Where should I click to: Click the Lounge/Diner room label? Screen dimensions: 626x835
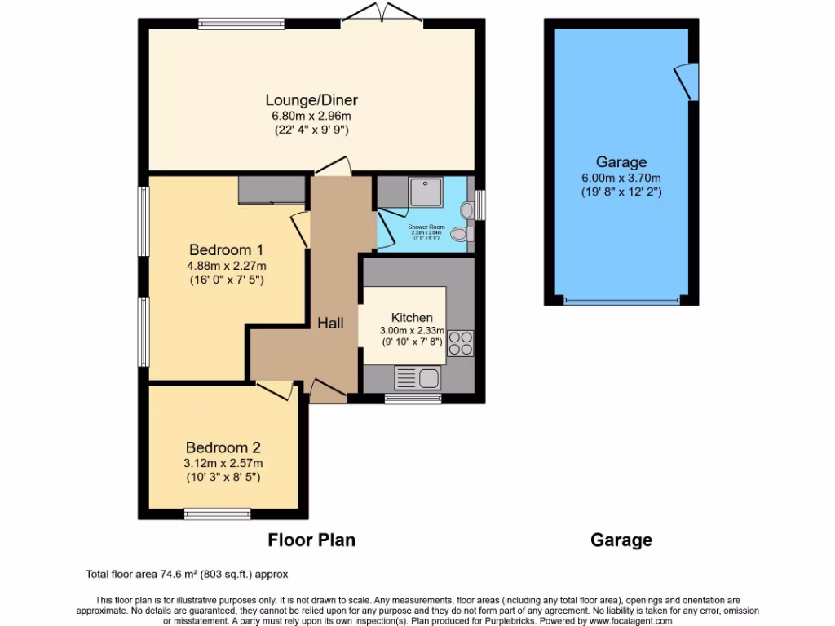[x=311, y=100]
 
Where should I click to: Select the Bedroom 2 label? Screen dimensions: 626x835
[x=223, y=447]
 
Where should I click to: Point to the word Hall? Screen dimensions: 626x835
[x=330, y=324]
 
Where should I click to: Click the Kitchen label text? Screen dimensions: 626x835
[x=412, y=317]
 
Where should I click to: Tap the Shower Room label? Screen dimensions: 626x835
[x=426, y=227]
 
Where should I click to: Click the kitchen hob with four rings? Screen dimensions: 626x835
[x=459, y=343]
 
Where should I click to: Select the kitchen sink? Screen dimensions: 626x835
[x=417, y=377]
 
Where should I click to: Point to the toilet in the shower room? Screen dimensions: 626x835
[x=461, y=235]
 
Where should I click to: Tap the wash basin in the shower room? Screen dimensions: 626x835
[x=466, y=209]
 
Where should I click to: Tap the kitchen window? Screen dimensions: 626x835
[x=413, y=399]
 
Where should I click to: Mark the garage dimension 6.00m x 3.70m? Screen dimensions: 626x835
[x=621, y=179]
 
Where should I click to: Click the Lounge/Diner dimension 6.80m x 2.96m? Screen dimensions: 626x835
[x=311, y=116]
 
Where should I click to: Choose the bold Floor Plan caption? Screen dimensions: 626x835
[x=311, y=540]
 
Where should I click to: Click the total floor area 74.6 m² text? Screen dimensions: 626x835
[x=187, y=574]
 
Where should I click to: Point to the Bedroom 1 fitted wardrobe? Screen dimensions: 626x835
[x=270, y=190]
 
